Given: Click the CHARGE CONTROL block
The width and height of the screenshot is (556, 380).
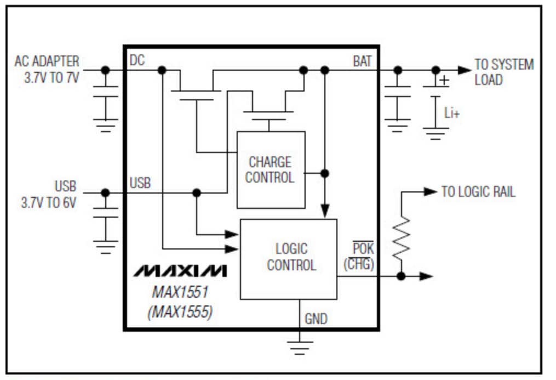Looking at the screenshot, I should point(271,169).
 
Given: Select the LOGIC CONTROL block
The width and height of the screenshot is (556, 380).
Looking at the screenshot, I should point(289,258).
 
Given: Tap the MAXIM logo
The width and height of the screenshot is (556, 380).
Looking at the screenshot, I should point(180,270).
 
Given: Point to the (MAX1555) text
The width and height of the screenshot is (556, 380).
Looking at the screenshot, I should point(180,312).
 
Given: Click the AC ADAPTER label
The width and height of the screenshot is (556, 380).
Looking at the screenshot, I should point(47,61).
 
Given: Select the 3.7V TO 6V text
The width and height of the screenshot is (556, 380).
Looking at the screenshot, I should point(49,202).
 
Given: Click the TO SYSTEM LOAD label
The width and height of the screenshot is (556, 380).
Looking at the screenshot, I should point(503,72).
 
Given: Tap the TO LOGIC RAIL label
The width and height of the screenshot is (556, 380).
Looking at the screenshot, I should point(478,192).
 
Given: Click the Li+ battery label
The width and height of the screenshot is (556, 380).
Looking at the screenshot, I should point(452,114).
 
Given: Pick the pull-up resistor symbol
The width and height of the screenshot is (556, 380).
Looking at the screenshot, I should point(402,237).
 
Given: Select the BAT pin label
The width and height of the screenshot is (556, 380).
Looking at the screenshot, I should point(362,61).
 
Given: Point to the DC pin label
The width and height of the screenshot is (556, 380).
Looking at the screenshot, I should point(137,60).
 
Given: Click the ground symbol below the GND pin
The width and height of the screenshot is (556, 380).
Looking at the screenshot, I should point(300,347).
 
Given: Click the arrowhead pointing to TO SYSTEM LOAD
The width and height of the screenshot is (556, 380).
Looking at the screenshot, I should point(464,70).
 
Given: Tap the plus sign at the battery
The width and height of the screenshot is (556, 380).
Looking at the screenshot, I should point(444,81).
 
